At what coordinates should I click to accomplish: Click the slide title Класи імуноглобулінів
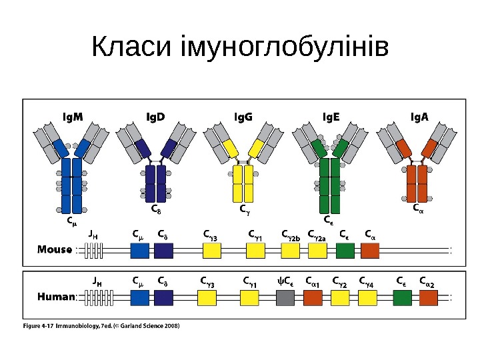point(240,48)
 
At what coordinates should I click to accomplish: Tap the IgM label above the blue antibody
point(73,117)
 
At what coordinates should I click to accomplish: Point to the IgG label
point(244,117)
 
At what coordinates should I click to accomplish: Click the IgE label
point(331,117)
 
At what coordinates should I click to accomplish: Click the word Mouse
point(55,250)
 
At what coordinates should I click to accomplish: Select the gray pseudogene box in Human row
point(285,297)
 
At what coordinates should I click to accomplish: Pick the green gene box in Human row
point(402,297)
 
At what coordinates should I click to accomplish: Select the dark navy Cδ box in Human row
point(163,297)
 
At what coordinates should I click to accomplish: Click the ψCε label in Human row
point(285,281)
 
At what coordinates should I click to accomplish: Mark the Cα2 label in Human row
point(427,281)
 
